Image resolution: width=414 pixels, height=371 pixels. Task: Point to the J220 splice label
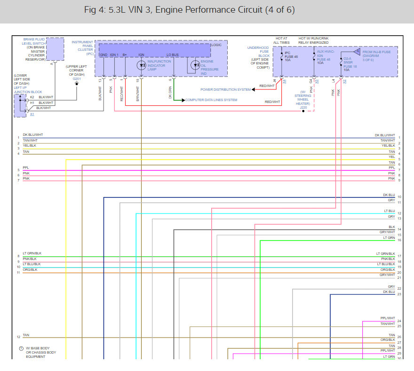tap(303, 107)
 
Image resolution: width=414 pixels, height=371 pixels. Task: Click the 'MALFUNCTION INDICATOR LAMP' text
tap(159, 65)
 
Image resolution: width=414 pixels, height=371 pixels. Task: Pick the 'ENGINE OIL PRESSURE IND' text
tap(207, 68)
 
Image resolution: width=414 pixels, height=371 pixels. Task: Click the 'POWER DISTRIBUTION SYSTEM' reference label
tap(225, 89)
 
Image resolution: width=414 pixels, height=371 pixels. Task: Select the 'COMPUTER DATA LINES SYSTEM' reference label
tap(211, 100)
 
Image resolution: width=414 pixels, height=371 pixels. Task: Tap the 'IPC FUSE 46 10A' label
tap(291, 56)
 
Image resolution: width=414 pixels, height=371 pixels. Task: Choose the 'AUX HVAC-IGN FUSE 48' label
tap(326, 56)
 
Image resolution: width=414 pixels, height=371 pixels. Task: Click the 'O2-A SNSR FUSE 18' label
tap(350, 63)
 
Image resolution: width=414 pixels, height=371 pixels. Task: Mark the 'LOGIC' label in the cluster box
tap(216, 45)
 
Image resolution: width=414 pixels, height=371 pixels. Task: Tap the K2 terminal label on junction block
tap(32, 97)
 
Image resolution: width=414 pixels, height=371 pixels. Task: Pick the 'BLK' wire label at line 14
tap(392, 227)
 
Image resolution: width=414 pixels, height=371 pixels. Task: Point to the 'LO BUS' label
tap(172, 55)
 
